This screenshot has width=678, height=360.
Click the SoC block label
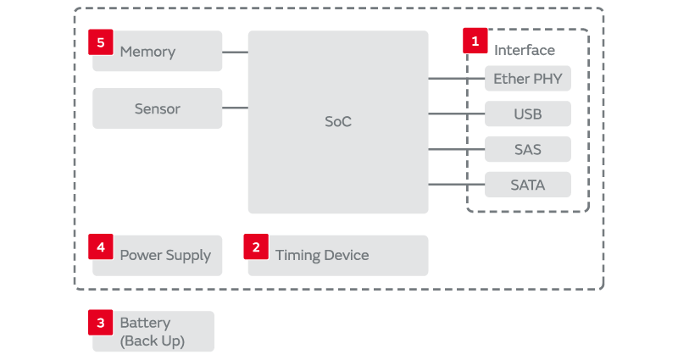337,122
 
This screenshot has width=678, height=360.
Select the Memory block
158,52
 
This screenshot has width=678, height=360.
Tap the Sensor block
158,108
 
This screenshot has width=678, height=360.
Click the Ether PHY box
527,79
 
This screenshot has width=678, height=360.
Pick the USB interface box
527,114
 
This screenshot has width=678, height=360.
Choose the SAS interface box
527,150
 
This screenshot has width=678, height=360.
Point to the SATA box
527,185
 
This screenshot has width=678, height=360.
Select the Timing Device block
337,255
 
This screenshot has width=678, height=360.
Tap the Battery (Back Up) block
153,332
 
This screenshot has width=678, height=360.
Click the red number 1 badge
475,40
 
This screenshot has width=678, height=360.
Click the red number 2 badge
256,246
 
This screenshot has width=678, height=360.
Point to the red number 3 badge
101,322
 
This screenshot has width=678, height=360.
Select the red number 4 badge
101,246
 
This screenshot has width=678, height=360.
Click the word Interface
524,51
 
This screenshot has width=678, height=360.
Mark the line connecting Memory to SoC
235,52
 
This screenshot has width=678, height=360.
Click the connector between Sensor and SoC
235,108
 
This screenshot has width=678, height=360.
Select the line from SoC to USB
456,114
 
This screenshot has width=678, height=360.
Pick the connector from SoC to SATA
456,185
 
